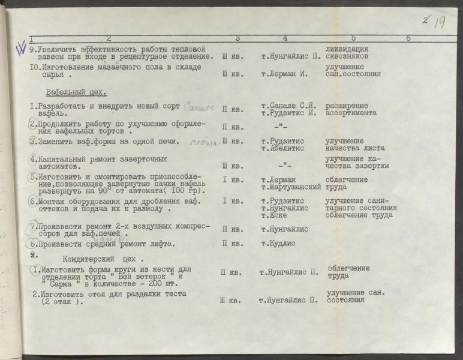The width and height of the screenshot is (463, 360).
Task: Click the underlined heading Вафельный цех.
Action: pyautogui.click(x=76, y=92)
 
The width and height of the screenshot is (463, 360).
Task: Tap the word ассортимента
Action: pyautogui.click(x=351, y=113)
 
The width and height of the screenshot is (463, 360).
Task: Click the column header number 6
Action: pyautogui.click(x=408, y=38)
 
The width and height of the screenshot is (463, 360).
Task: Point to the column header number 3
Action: pyautogui.click(x=237, y=38)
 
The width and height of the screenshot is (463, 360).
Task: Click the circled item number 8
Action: pyautogui.click(x=34, y=244)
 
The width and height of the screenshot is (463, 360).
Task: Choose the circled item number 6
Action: pyautogui.click(x=34, y=202)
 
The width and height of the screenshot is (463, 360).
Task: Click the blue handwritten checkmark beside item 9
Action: pyautogui.click(x=22, y=47)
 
